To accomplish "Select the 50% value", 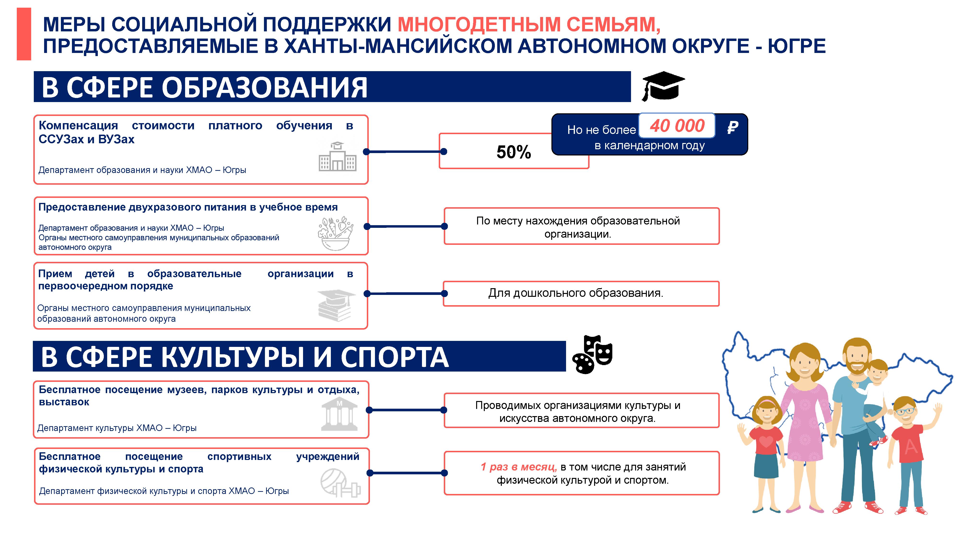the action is [514, 152].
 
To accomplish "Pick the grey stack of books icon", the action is [336, 305].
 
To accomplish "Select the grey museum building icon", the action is [339, 414].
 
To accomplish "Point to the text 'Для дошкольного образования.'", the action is [576, 293].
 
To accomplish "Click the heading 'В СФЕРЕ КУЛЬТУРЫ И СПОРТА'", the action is [245, 357].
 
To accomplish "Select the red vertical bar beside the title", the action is [24, 34].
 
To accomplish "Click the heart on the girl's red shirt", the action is [766, 442].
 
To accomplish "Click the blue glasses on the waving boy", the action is [904, 412].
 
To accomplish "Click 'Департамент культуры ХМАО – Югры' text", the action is [117, 428].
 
